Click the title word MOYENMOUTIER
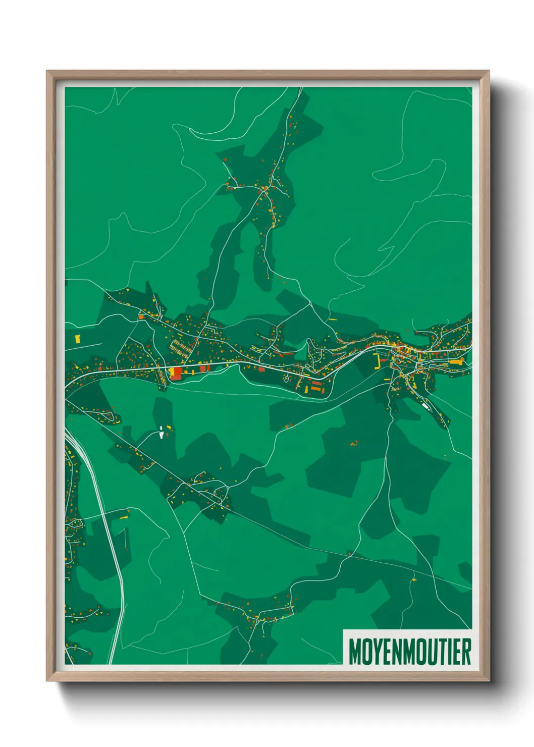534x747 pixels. (409, 652)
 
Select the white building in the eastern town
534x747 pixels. (425, 405)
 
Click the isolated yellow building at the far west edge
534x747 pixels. (78, 339)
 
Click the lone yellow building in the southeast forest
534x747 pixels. (414, 580)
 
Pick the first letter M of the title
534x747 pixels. (354, 652)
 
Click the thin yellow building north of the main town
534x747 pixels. (332, 319)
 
